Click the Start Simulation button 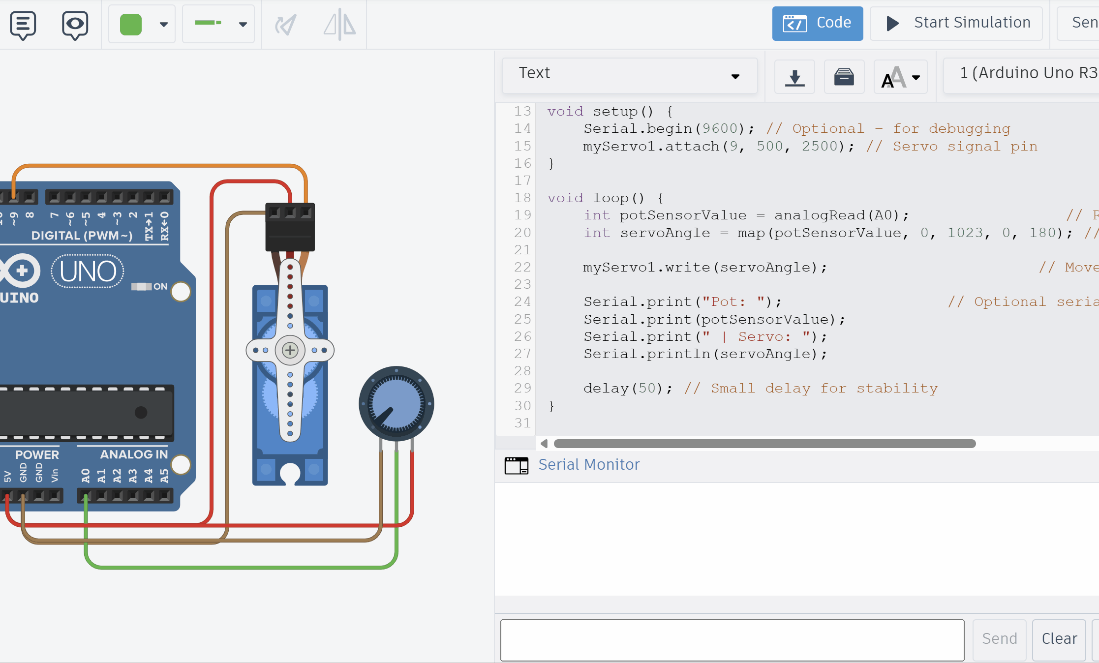tap(956, 23)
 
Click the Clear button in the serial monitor tap(1059, 639)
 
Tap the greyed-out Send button tap(999, 639)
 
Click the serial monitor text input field tap(732, 640)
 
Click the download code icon tap(794, 77)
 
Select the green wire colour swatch tap(131, 24)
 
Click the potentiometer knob tap(396, 404)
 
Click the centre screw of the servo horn tap(290, 350)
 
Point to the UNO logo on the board tap(88, 271)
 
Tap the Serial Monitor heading tap(588, 465)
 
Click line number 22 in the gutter tap(522, 267)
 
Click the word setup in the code tap(615, 112)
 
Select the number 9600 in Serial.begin tap(720, 129)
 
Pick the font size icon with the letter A tap(893, 77)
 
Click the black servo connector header tap(290, 227)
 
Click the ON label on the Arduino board tap(160, 287)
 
